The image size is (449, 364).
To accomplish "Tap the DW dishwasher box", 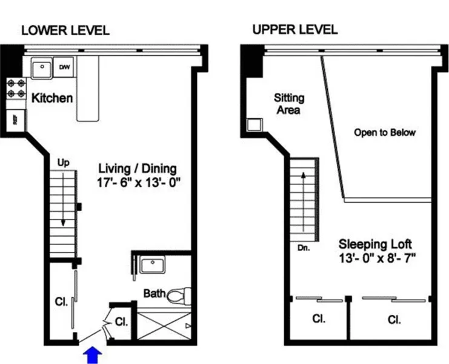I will (x=64, y=67).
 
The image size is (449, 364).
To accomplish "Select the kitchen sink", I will (x=41, y=68).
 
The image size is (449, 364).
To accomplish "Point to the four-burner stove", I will (x=16, y=90).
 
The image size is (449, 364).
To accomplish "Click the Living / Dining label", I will (x=137, y=168).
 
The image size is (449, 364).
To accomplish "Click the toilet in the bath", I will (x=177, y=295).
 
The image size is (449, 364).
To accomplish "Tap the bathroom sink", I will (x=149, y=266).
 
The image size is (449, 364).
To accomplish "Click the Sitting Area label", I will (x=288, y=104).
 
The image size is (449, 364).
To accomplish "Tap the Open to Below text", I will (x=385, y=132).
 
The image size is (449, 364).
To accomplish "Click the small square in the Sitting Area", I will (x=253, y=125).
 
